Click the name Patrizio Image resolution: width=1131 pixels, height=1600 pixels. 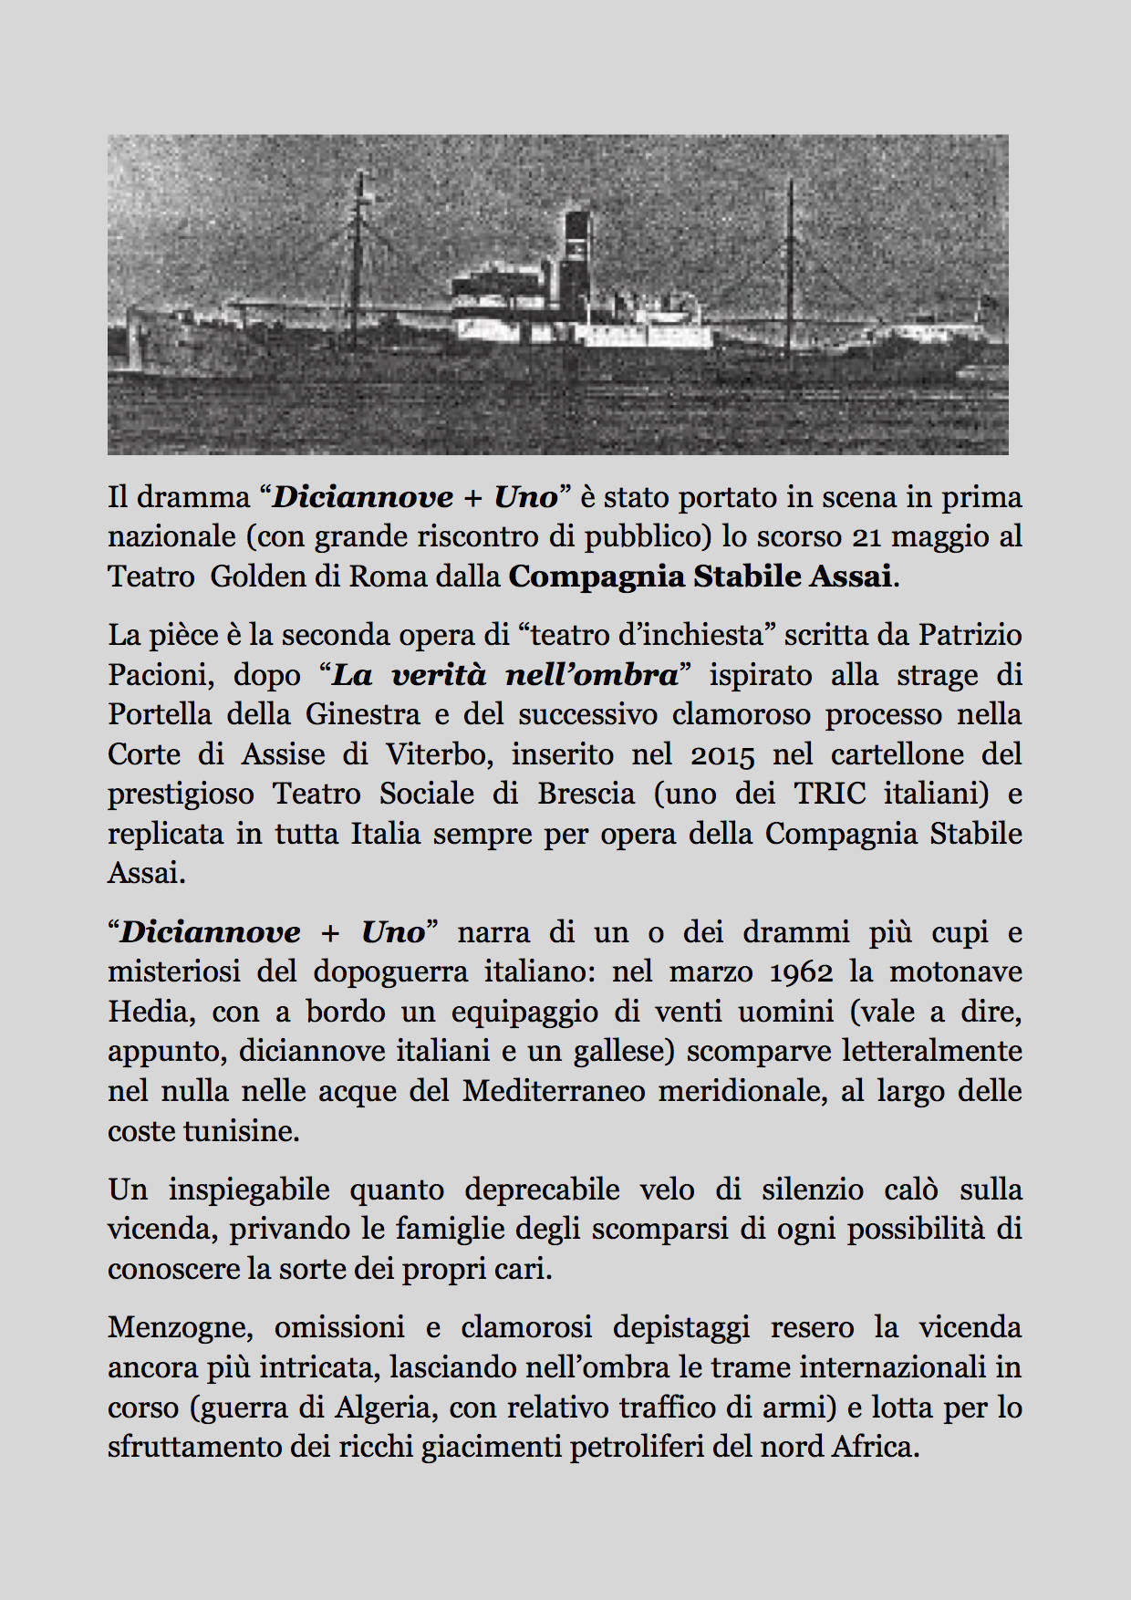click(970, 635)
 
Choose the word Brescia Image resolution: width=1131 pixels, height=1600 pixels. click(586, 794)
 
